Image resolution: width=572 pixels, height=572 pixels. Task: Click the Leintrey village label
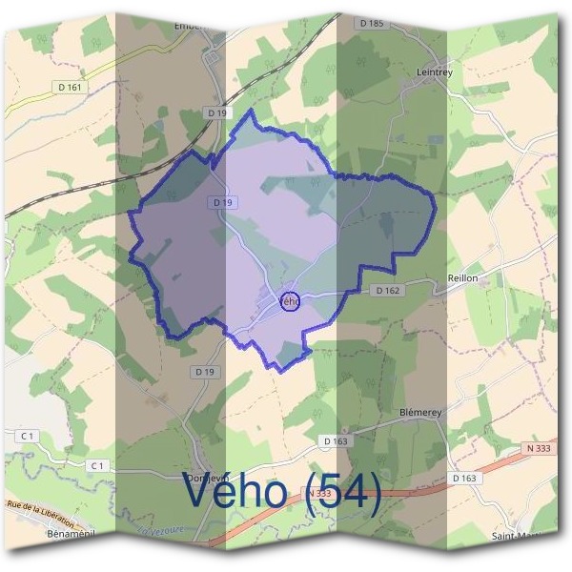tap(412, 71)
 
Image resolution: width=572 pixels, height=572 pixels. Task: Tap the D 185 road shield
tap(372, 21)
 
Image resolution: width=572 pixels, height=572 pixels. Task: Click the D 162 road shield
tap(385, 289)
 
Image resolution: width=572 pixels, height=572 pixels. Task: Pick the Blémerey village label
tap(420, 413)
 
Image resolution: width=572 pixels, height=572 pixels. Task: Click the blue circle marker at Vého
tap(291, 301)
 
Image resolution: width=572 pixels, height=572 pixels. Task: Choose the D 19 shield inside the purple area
tap(223, 202)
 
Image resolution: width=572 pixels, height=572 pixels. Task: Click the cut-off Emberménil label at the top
tap(191, 26)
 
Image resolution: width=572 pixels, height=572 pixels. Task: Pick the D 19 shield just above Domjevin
tap(201, 371)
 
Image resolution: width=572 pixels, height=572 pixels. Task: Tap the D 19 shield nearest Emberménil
tap(217, 112)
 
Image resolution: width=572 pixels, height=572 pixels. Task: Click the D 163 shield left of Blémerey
tap(336, 441)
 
